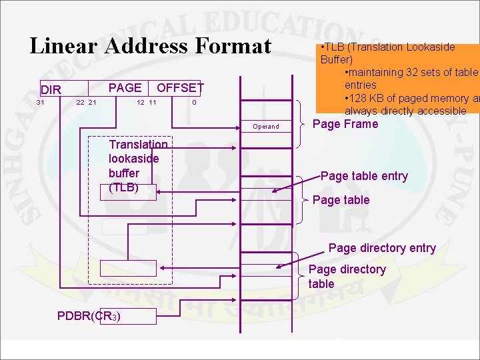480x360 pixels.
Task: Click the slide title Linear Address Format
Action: tap(151, 46)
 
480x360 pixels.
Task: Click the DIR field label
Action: tap(51, 90)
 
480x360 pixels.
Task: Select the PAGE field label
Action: tap(125, 87)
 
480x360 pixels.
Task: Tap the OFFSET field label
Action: tap(180, 88)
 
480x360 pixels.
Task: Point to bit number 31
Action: tap(41, 103)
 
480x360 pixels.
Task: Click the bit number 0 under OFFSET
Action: tap(194, 103)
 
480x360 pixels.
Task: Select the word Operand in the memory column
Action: tap(266, 127)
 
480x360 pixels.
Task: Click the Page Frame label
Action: tap(345, 124)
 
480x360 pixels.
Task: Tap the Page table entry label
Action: tap(364, 176)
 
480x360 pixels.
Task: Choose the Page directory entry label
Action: tap(382, 248)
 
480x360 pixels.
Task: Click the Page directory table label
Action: tap(347, 276)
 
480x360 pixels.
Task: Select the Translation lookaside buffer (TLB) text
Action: tap(138, 166)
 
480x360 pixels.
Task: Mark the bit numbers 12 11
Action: tap(146, 103)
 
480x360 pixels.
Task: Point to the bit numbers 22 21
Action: tap(87, 103)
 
